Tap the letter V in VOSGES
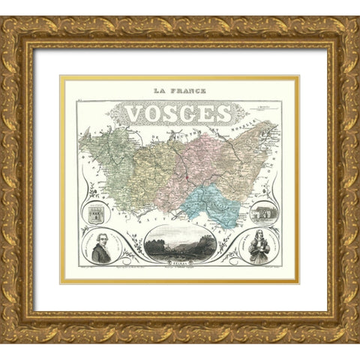click(135, 112)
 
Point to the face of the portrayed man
click(102, 241)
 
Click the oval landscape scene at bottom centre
click(178, 244)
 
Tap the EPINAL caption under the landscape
click(178, 264)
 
